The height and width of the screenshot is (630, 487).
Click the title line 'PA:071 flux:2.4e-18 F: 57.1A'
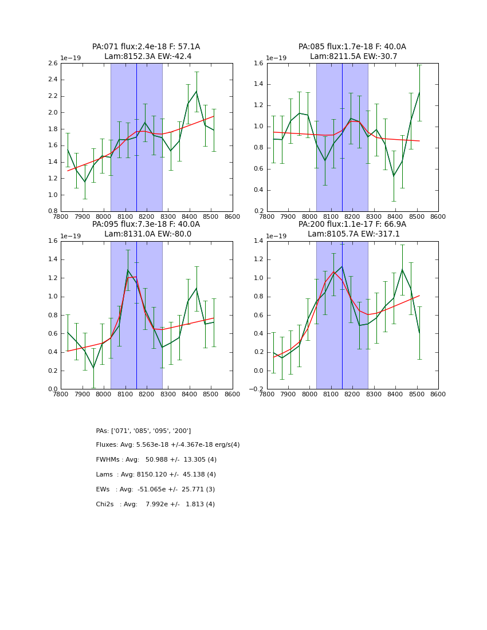pos(146,47)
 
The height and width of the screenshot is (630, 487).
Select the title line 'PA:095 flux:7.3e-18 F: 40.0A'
pos(146,225)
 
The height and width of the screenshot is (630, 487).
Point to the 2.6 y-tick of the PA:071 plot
pos(52,63)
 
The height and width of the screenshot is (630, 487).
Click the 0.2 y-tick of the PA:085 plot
pos(258,211)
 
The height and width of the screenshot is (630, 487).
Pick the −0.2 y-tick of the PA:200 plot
pos(257,389)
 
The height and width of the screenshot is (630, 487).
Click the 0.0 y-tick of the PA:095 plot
pos(52,389)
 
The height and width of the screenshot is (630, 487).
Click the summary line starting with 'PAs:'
pos(143,431)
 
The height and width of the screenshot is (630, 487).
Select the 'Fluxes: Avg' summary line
pos(168,445)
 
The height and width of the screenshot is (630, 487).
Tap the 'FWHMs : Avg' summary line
pos(156,460)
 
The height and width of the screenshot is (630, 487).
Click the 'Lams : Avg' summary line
pos(156,475)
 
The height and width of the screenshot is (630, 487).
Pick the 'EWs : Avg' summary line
pos(155,490)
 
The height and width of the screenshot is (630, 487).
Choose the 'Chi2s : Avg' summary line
pos(155,505)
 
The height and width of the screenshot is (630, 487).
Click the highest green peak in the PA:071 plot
pos(196,91)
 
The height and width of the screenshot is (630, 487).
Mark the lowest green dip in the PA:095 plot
pos(93,368)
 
